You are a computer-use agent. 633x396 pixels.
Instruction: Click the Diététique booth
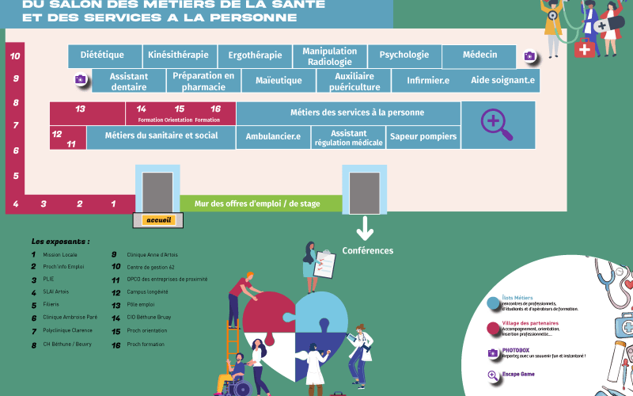[x=103, y=55]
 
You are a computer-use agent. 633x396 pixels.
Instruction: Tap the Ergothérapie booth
[x=255, y=55]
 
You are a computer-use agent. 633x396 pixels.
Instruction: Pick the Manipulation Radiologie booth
[x=330, y=56]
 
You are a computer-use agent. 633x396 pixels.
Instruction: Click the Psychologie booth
[x=404, y=55]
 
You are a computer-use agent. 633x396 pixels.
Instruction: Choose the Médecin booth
[x=480, y=55]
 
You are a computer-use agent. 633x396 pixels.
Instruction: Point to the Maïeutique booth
[x=279, y=81]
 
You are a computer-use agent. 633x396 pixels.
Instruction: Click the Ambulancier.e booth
[x=273, y=137]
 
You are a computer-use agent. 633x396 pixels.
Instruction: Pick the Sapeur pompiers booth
[x=423, y=137]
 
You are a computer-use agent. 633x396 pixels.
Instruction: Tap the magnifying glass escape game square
[x=492, y=123]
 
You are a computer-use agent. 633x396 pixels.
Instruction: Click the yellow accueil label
[x=159, y=220]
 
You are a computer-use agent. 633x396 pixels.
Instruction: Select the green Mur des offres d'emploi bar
[x=260, y=204]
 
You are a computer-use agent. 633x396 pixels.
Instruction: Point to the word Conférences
[x=367, y=251]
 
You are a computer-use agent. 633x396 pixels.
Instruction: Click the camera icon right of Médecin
[x=529, y=56]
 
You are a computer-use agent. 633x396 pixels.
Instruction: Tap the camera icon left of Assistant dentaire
[x=80, y=79]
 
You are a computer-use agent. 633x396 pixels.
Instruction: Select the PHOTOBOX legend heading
[x=516, y=349]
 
